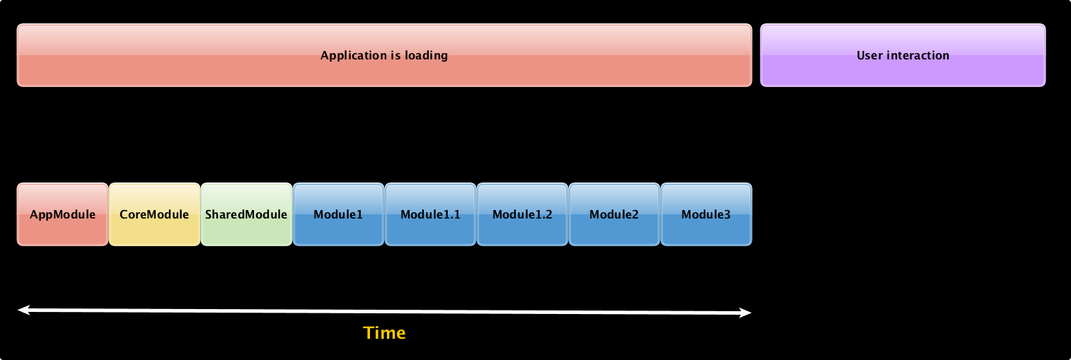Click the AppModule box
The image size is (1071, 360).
(63, 214)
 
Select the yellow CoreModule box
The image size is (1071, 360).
(154, 214)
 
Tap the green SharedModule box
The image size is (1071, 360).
(246, 214)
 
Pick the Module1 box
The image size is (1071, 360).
(338, 214)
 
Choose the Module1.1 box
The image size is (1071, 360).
(430, 214)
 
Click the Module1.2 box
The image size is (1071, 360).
(522, 214)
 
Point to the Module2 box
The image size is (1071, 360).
(614, 214)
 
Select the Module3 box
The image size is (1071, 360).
(706, 214)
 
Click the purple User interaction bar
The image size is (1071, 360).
(903, 55)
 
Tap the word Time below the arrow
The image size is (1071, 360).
(384, 332)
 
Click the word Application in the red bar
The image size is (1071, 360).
(353, 56)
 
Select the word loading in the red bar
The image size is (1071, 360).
(426, 56)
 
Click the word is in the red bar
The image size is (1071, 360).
(395, 55)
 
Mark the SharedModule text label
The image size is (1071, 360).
(246, 214)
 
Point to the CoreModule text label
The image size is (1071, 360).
(154, 214)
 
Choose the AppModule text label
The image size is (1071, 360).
(63, 215)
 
